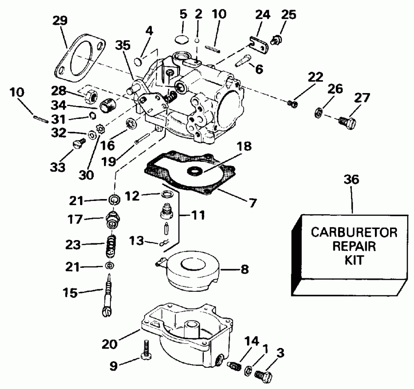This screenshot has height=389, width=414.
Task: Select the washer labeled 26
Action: [x=317, y=112]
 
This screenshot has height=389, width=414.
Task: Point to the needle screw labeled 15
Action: [x=108, y=295]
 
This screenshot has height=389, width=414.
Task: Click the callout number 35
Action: [x=123, y=46]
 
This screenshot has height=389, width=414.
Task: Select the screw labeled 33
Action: [x=78, y=145]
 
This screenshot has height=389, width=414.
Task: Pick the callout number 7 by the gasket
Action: [x=253, y=201]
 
